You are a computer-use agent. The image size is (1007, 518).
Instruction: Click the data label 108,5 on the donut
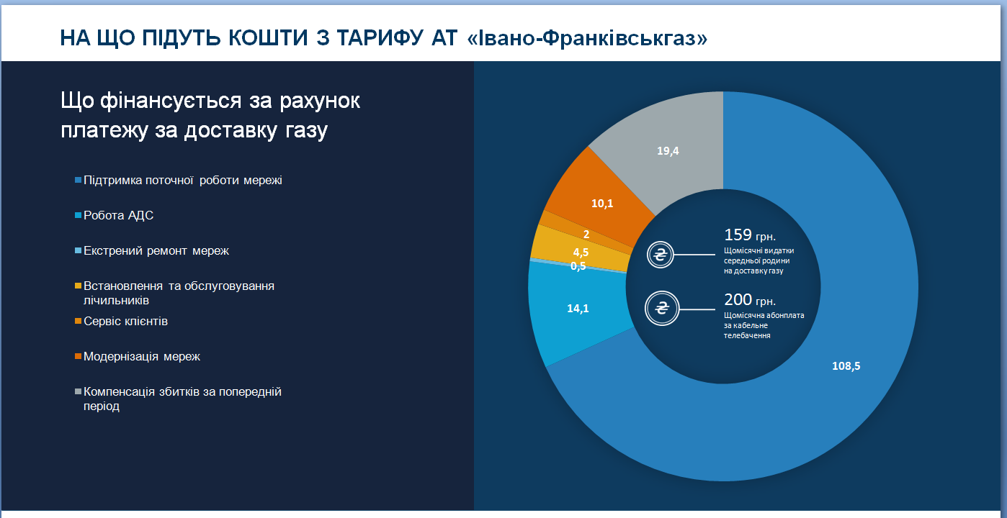coord(846,365)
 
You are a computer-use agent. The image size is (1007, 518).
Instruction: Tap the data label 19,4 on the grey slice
coord(668,150)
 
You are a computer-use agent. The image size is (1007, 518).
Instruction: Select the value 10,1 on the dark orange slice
coord(602,204)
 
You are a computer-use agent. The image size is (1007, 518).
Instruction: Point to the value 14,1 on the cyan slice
coord(578,309)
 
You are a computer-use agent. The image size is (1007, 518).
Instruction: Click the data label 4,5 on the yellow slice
coord(581,252)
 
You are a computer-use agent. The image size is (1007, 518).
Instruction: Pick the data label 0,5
coord(578,265)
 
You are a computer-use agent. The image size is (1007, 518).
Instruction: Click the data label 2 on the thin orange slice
coord(586,234)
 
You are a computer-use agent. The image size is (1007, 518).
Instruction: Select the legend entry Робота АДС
coord(118,215)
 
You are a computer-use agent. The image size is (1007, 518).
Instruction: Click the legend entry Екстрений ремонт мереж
coord(156,250)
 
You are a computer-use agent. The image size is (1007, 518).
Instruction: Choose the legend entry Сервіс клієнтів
coord(125,321)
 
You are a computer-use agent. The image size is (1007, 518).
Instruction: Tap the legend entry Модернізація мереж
coord(141,356)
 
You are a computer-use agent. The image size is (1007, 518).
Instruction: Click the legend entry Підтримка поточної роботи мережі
coord(182,180)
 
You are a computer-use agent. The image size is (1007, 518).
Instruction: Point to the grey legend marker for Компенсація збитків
coord(78,392)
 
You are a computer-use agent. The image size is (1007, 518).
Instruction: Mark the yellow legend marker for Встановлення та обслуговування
coord(78,286)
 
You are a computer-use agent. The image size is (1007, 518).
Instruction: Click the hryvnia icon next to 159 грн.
coord(660,255)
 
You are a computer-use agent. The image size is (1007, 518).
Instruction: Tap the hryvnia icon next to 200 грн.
coord(660,309)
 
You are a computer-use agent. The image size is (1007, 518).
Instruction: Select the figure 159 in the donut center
coord(738,235)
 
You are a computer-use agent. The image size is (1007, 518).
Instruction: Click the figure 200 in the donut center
coord(738,299)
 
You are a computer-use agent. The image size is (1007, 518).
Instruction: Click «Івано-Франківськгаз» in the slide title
coord(587,37)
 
